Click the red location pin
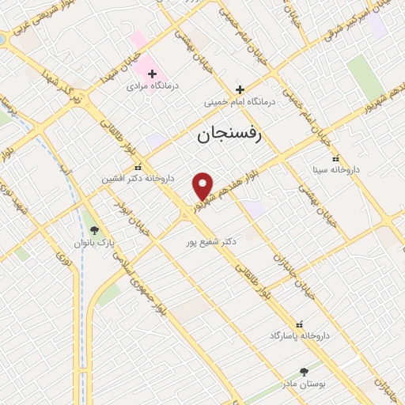click(203, 185)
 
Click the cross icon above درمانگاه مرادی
click(153, 74)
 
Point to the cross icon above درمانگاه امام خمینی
click(240, 89)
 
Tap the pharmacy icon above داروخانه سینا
click(336, 157)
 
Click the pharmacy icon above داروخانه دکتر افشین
click(138, 167)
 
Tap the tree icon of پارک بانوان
click(95, 230)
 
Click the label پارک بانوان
click(95, 243)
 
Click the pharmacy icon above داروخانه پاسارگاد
click(299, 324)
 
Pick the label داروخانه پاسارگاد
click(298, 336)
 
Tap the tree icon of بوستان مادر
click(305, 371)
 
